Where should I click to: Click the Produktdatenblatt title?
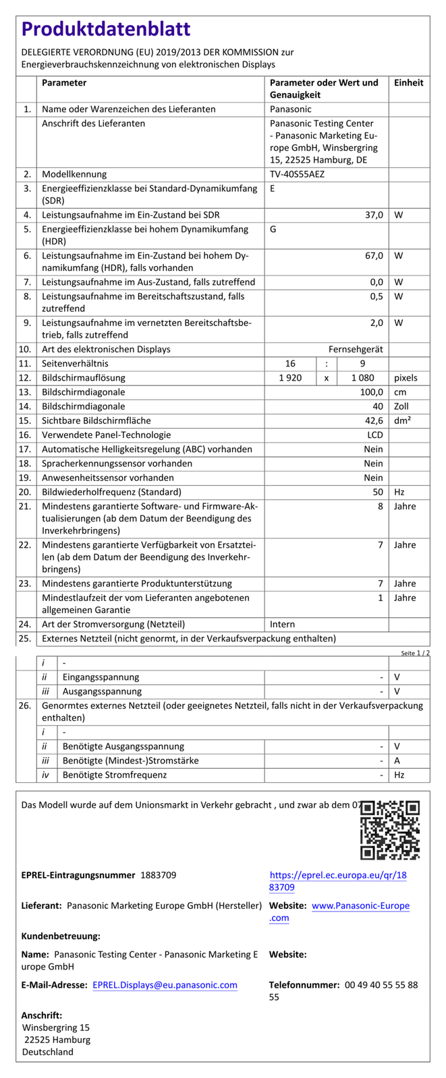coord(106,30)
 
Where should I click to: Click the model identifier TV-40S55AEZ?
coord(297,174)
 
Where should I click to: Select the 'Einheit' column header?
coord(409,83)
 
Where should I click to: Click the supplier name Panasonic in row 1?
coord(291,108)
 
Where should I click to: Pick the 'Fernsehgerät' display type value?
coord(356,349)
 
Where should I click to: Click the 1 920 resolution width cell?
coord(290,378)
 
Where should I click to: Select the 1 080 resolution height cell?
coord(362,378)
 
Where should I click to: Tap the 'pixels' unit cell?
coord(406,378)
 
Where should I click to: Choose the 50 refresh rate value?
coord(377,492)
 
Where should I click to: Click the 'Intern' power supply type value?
coord(283,624)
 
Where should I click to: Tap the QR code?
coord(390,830)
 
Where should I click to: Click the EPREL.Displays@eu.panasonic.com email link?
coord(165,985)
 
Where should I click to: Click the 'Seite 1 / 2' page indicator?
coord(415,653)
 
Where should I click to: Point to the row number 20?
coord(26,492)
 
